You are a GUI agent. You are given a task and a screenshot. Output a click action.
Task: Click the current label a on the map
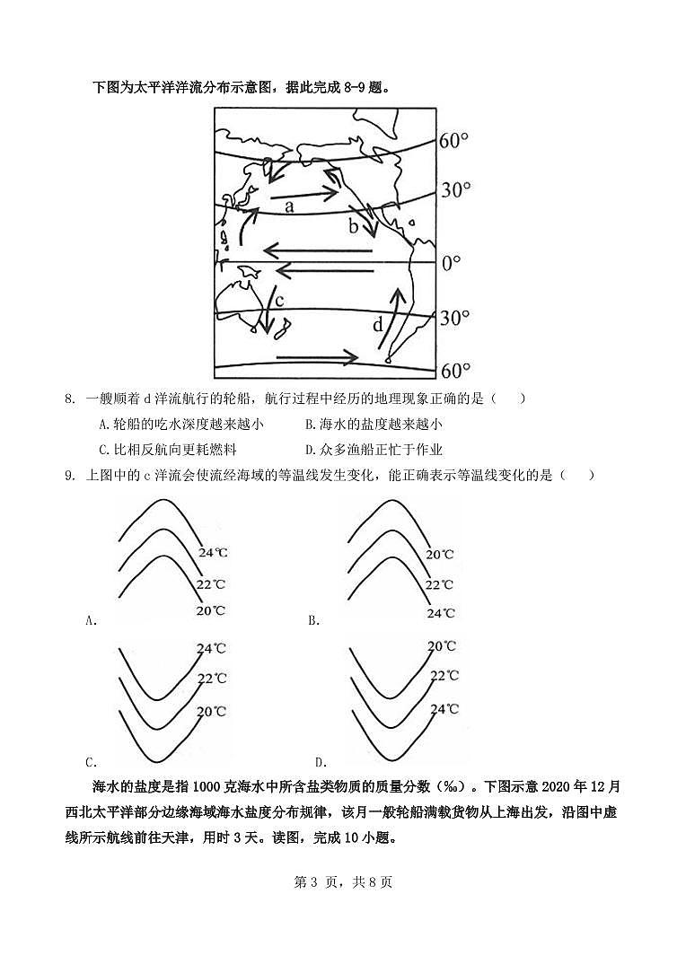pos(289,206)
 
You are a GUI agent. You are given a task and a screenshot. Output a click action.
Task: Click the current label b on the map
pos(354,225)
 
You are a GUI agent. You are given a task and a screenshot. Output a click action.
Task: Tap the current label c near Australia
pos(279,300)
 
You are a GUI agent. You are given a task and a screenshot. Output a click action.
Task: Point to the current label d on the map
pos(378,324)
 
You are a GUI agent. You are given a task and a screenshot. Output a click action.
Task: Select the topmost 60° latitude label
pos(454,141)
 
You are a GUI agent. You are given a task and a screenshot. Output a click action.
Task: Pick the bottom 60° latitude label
pos(454,371)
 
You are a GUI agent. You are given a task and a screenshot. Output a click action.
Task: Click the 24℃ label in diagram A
pos(213,553)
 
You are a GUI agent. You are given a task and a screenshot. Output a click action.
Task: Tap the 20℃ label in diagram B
pos(440,555)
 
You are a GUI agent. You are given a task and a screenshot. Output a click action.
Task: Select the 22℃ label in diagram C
pos(212,679)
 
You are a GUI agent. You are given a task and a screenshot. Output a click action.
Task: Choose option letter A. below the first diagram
pos(90,619)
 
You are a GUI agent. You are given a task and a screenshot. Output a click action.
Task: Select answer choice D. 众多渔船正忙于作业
pos(374,450)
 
